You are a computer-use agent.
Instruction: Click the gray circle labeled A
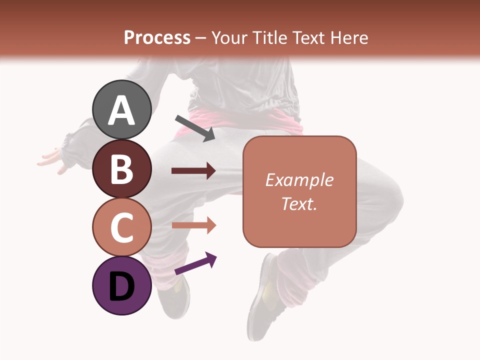click(121, 109)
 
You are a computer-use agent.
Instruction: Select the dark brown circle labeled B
click(121, 168)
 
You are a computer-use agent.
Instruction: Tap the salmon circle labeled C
click(121, 227)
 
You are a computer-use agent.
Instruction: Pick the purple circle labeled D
click(121, 285)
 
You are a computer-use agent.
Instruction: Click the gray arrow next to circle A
click(195, 128)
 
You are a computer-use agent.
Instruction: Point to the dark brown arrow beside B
click(193, 171)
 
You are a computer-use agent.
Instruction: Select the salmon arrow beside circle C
click(193, 225)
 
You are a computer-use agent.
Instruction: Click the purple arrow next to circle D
click(195, 264)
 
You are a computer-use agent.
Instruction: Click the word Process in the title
click(157, 38)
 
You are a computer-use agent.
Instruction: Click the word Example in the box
click(299, 180)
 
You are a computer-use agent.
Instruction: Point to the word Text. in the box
click(299, 203)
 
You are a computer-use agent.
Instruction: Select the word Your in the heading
click(228, 38)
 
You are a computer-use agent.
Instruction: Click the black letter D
click(121, 286)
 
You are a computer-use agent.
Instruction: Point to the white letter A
click(121, 110)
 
